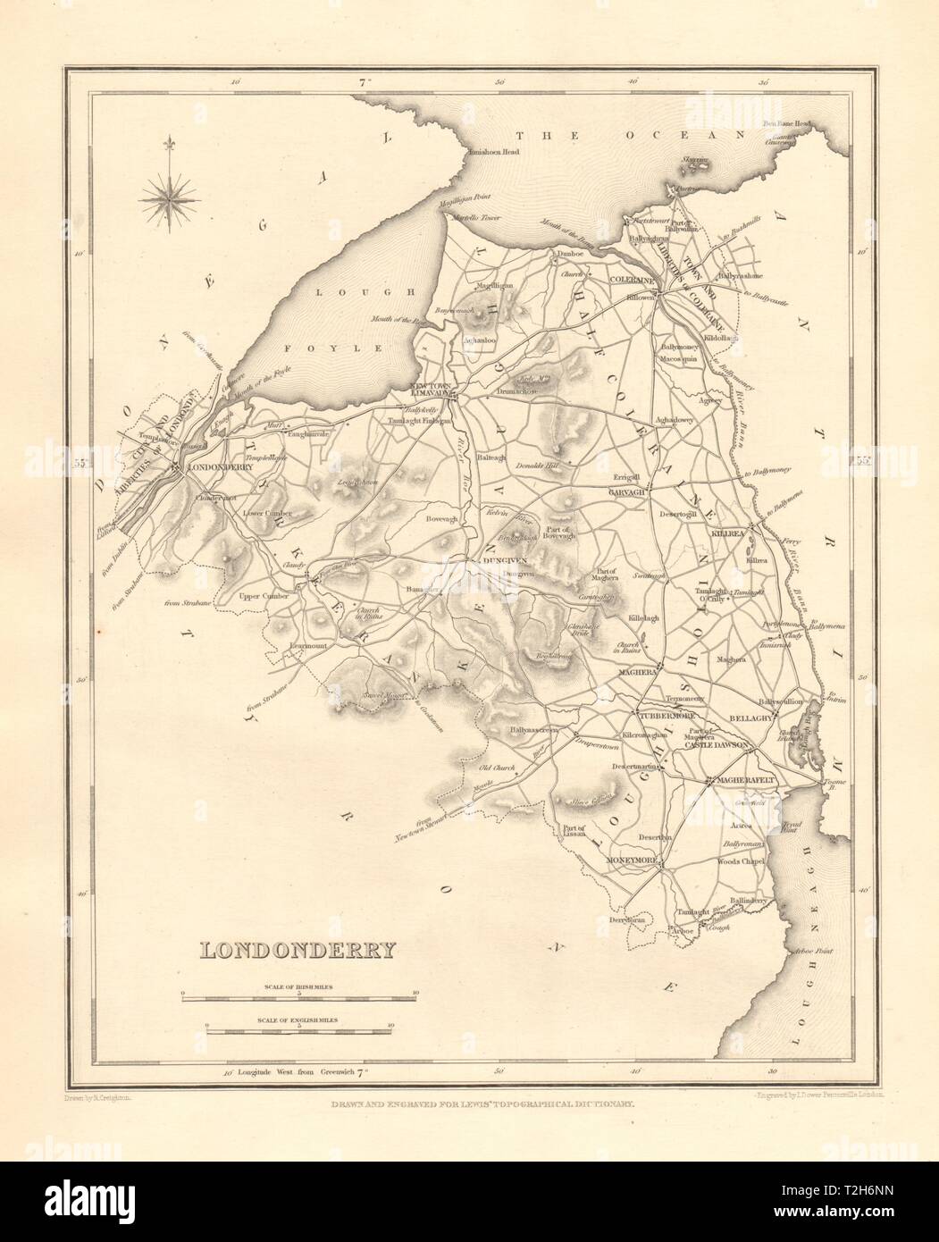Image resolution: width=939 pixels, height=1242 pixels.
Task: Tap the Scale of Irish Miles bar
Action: pyautogui.click(x=298, y=994)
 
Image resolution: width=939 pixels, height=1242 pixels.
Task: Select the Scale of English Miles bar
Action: pyautogui.click(x=298, y=1032)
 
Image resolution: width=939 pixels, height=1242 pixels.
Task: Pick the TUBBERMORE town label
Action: pyautogui.click(x=663, y=715)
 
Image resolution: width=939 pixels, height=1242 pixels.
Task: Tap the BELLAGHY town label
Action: pyautogui.click(x=777, y=717)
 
